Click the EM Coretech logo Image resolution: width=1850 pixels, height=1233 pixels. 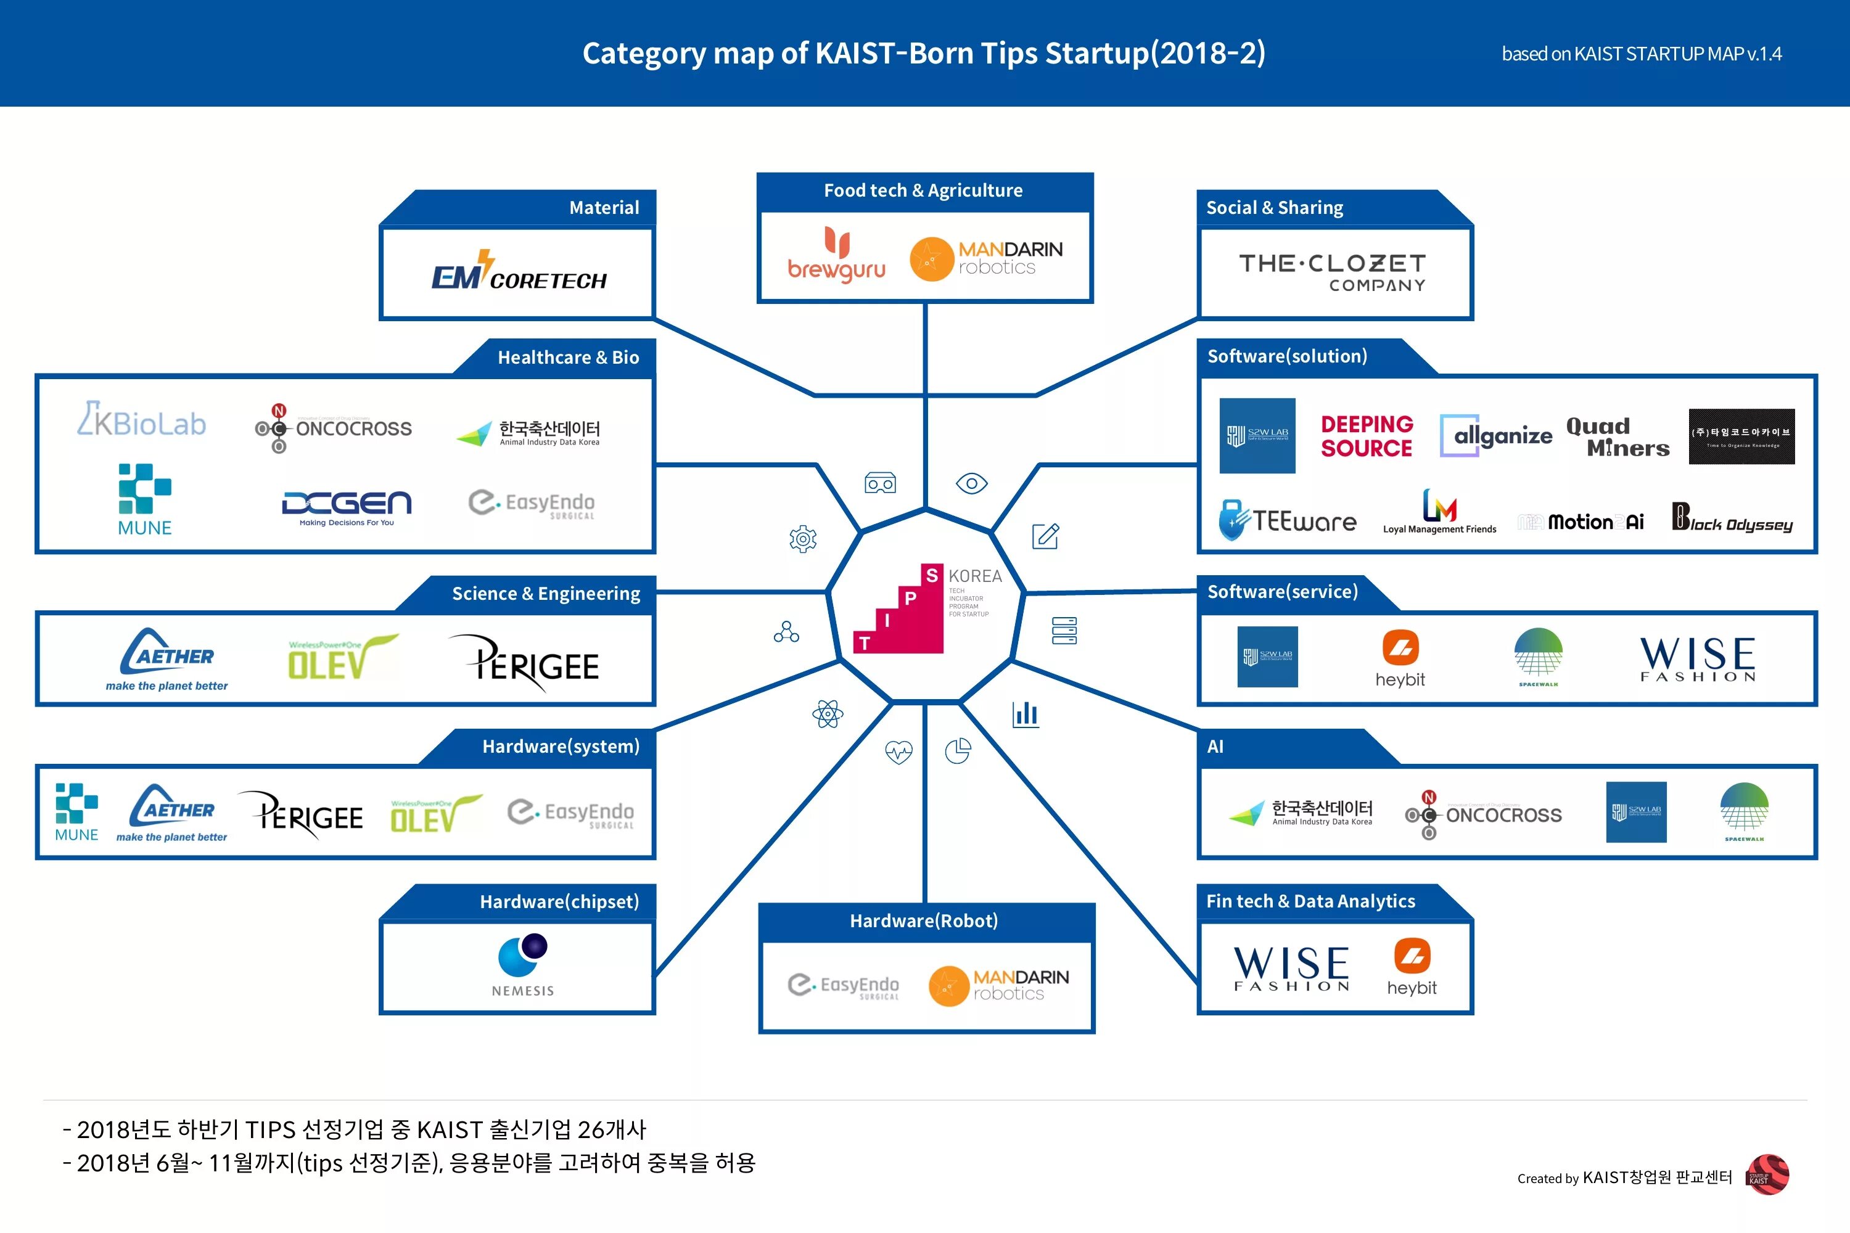519,272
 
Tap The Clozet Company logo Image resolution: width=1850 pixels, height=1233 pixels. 1333,272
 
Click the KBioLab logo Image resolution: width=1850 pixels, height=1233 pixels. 142,420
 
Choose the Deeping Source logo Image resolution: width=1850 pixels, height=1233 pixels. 1367,436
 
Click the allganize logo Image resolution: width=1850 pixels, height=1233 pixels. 1495,435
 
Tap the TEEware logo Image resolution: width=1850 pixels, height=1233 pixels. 1288,520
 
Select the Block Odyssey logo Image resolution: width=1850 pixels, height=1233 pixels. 1732,519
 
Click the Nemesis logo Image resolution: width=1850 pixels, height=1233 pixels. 523,965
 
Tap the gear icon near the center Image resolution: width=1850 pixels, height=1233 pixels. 803,539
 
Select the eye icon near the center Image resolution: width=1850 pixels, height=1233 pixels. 971,483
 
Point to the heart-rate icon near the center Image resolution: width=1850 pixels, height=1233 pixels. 898,753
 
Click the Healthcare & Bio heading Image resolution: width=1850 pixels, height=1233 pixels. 568,357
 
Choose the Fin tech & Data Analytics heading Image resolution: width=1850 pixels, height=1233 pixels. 1310,901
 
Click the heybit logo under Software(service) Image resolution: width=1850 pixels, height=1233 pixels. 1400,658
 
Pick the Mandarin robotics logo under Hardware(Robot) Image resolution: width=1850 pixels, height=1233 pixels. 998,985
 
